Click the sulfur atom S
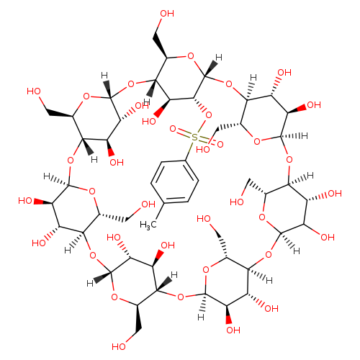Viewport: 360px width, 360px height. pyautogui.click(x=194, y=138)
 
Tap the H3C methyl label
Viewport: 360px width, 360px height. pyautogui.click(x=148, y=225)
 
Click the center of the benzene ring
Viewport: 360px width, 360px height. pyautogui.click(x=175, y=182)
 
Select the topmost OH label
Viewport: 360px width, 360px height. pyautogui.click(x=167, y=14)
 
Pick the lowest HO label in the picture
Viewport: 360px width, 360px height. pyautogui.click(x=119, y=346)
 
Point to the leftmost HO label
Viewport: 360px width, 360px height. pyautogui.click(x=25, y=201)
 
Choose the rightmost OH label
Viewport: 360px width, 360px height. pyautogui.click(x=335, y=194)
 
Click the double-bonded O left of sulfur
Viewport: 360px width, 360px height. pyautogui.click(x=173, y=129)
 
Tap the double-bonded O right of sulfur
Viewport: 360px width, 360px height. pyautogui.click(x=220, y=145)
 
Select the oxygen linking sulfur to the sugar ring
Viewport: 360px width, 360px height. pyautogui.click(x=209, y=115)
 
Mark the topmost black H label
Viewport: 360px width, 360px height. pyautogui.click(x=219, y=58)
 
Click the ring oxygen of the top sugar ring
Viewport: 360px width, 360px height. pyautogui.click(x=191, y=56)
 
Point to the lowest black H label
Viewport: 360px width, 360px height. pyautogui.click(x=201, y=318)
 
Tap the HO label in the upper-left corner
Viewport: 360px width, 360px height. pyautogui.click(x=34, y=91)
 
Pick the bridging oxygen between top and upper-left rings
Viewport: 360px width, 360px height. pyautogui.click(x=131, y=84)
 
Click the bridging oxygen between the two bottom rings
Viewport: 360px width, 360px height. pyautogui.click(x=181, y=297)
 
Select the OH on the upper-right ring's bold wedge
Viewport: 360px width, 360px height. pyautogui.click(x=314, y=105)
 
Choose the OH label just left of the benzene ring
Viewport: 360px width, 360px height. pyautogui.click(x=148, y=204)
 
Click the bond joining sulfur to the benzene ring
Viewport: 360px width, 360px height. pyautogui.click(x=189, y=150)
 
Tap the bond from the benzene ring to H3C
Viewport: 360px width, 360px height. pyautogui.click(x=160, y=211)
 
